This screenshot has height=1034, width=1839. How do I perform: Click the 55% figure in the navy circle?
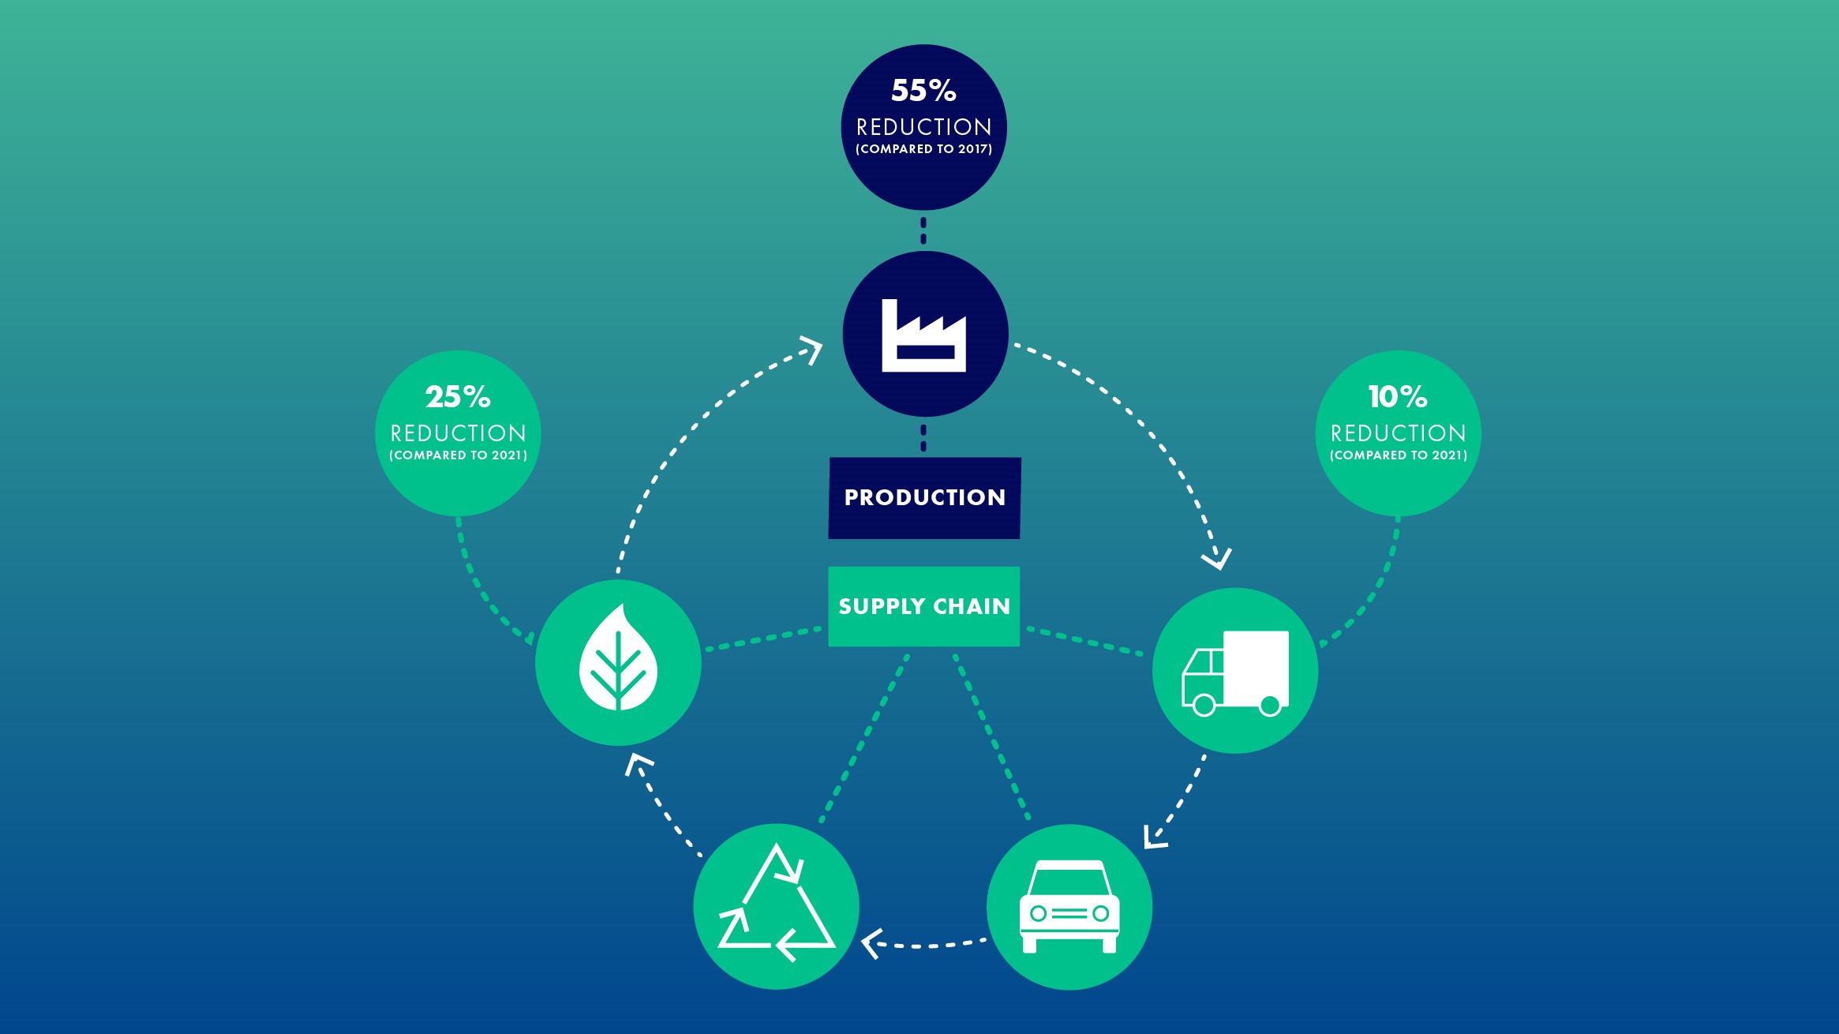tap(923, 91)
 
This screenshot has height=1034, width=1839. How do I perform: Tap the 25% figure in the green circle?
tap(458, 397)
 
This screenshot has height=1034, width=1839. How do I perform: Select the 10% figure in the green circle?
tap(1398, 397)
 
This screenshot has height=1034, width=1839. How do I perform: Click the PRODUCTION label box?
tap(924, 498)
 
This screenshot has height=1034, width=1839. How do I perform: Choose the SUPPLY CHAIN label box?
tap(924, 606)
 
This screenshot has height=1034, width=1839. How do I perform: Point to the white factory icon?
tap(924, 335)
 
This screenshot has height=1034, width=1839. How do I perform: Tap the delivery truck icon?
tap(1235, 672)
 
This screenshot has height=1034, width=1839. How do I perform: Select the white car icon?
tap(1069, 906)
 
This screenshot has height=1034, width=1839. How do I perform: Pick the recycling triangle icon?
tap(777, 903)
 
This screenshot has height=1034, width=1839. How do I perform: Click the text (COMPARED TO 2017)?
tap(923, 149)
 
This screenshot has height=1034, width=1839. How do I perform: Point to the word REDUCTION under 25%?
tap(458, 433)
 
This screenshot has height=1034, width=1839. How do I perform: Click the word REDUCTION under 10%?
tap(1398, 433)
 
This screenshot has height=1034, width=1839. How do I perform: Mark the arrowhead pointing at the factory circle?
tap(813, 349)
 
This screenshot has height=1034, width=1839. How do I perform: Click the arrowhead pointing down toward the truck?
tap(1217, 559)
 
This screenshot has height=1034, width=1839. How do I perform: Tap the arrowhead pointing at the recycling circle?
tap(871, 944)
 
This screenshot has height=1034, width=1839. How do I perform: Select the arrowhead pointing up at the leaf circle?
tap(638, 763)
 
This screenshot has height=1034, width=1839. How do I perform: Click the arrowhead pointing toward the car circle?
tap(1154, 837)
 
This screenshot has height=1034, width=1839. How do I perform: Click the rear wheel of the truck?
tap(1270, 706)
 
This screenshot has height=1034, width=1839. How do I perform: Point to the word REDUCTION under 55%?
tap(923, 127)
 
